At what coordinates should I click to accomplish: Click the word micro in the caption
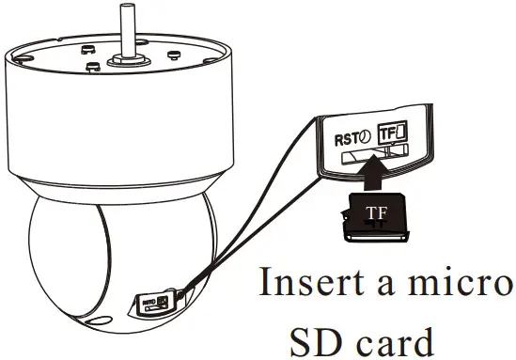point(466,282)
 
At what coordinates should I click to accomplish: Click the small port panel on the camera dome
point(154,303)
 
